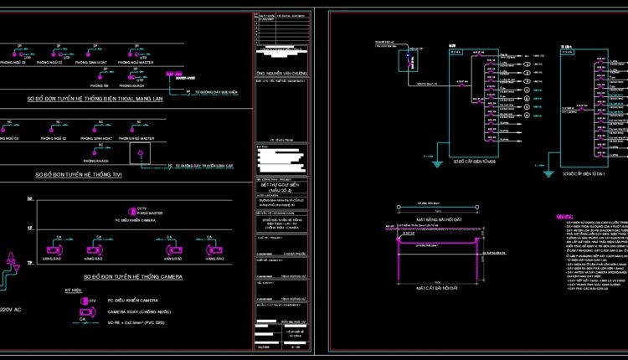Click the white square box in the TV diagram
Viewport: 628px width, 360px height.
click(140, 153)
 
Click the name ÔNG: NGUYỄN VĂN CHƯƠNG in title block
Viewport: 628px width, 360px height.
click(281, 73)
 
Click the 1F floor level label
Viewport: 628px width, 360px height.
click(29, 227)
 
